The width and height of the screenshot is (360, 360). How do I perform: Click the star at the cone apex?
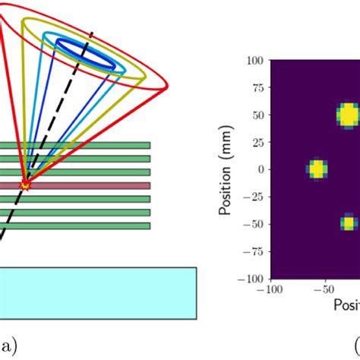click(27, 185)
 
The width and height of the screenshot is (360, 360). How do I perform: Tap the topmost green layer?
click(76, 145)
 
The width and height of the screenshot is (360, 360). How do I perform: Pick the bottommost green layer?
click(76, 226)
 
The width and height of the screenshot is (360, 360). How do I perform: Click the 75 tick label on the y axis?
click(256, 87)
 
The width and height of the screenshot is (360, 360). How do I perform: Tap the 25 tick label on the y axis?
click(256, 142)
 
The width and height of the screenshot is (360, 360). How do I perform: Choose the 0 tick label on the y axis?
click(260, 169)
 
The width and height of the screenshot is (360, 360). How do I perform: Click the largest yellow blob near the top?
click(347, 115)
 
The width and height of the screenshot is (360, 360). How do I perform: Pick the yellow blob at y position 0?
click(317, 169)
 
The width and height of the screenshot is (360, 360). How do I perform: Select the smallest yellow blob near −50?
click(348, 223)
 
